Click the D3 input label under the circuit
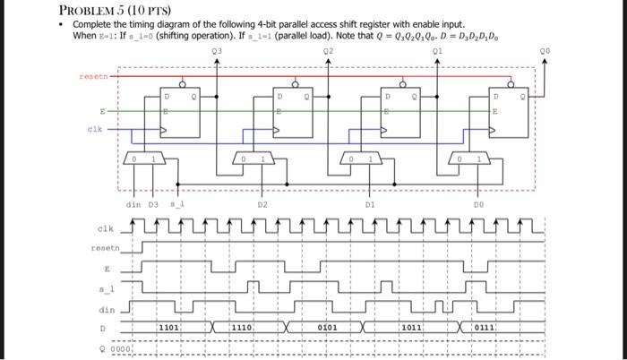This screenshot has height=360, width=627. point(153,205)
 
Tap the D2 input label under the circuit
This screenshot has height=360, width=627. point(262,205)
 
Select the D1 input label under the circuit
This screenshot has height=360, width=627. point(370,205)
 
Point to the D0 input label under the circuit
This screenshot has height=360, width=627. point(479,205)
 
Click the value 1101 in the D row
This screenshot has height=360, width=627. point(169,329)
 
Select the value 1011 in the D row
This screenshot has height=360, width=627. point(412,329)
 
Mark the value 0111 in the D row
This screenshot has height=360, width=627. point(485,329)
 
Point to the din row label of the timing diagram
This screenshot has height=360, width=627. point(107,309)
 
